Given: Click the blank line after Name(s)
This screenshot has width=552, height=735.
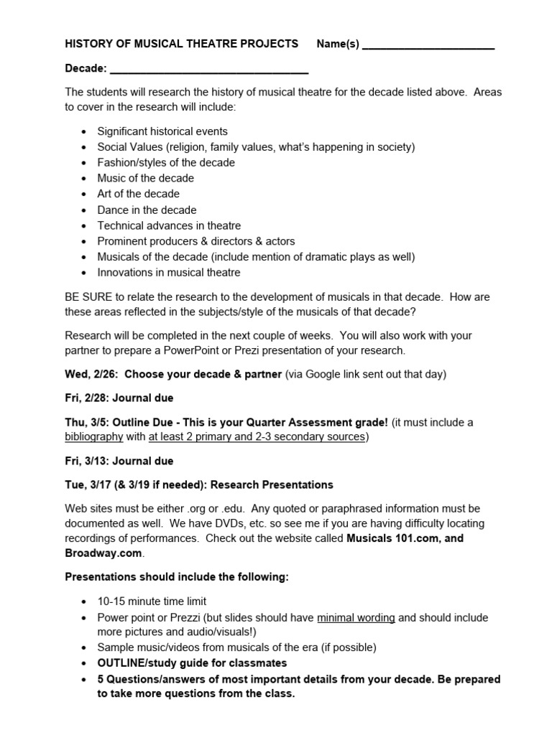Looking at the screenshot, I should tap(428, 45).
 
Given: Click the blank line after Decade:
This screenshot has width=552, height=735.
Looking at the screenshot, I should tap(208, 70).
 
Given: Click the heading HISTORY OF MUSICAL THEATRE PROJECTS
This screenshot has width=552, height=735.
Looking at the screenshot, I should tap(181, 44).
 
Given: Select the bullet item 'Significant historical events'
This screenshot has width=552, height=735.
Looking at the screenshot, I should tap(162, 131).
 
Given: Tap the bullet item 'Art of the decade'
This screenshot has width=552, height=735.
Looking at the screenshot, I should tap(138, 194).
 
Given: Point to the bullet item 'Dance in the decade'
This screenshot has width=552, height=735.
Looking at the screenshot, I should tap(147, 210).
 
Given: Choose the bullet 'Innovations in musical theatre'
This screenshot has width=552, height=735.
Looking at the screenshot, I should tap(169, 273).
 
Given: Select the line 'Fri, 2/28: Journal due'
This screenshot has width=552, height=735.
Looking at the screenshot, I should tap(119, 398).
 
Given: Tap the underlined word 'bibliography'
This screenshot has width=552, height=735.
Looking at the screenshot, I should tap(95, 437).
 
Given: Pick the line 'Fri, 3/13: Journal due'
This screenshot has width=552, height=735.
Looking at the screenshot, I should tap(119, 461).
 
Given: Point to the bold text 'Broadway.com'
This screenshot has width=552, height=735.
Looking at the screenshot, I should tap(104, 553).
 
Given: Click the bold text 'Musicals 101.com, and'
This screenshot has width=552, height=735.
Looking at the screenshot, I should tap(405, 538).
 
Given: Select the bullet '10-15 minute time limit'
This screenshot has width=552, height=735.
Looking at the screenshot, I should tap(152, 601).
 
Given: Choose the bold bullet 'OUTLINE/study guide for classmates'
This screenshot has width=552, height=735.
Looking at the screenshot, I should tap(192, 663).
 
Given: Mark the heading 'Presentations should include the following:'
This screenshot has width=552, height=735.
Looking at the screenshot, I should tap(177, 577).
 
